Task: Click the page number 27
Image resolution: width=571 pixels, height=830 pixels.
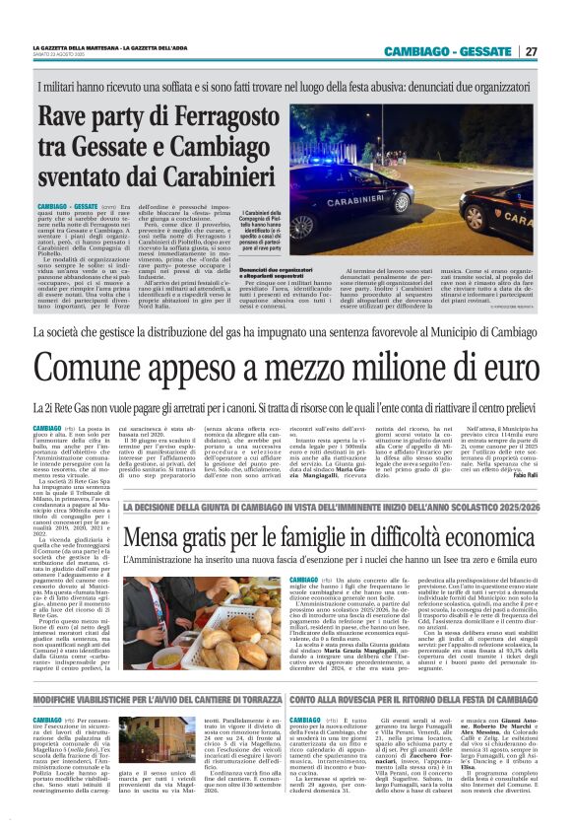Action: click(531, 52)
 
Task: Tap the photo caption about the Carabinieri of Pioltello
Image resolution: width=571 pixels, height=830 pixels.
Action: click(261, 226)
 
